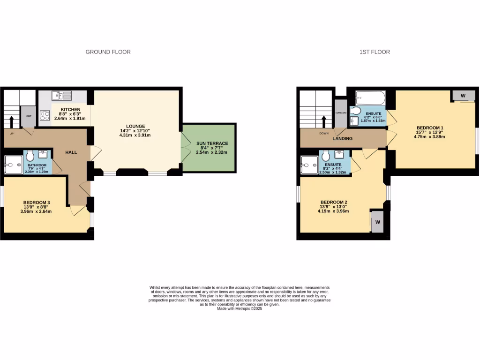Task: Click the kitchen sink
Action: (61, 96)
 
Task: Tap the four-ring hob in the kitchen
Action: (45, 115)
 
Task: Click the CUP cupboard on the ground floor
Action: (28, 117)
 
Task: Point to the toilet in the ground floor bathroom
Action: (30, 155)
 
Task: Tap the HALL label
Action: (71, 152)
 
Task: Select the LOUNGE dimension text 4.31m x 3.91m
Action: (135, 135)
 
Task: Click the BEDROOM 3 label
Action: (37, 202)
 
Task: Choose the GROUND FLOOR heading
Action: (108, 52)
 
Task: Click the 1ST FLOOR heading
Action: (375, 52)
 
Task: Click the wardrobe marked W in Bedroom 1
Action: (463, 96)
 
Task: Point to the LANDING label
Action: (343, 139)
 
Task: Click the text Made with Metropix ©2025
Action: (240, 309)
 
